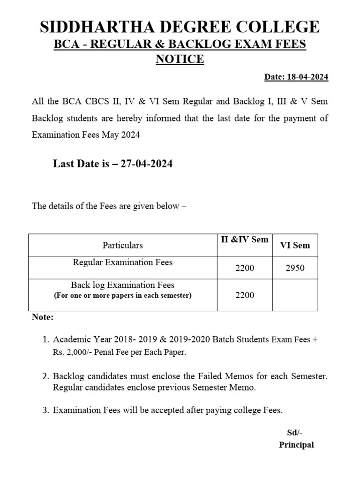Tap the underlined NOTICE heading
pyautogui.click(x=180, y=60)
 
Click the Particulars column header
pyautogui.click(x=122, y=245)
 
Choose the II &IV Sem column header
pyautogui.click(x=245, y=240)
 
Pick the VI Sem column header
pyautogui.click(x=295, y=245)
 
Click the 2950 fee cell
pyautogui.click(x=295, y=268)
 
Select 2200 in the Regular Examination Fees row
pyautogui.click(x=245, y=268)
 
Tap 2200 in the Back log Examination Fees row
pyautogui.click(x=245, y=295)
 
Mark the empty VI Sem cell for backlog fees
pyautogui.click(x=295, y=295)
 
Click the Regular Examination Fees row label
pyautogui.click(x=122, y=262)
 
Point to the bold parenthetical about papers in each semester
pyautogui.click(x=122, y=296)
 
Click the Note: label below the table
pyautogui.click(x=43, y=317)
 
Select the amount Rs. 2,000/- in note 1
pyautogui.click(x=75, y=352)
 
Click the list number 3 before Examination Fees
pyautogui.click(x=45, y=411)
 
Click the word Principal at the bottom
pyautogui.click(x=296, y=445)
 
